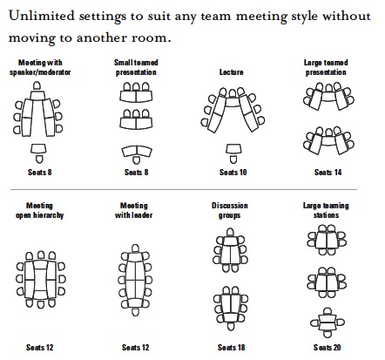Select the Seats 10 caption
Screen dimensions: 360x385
click(233, 173)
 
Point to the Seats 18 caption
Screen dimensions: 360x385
click(232, 347)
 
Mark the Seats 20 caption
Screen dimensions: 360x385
click(328, 347)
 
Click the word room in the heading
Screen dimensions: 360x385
click(147, 37)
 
